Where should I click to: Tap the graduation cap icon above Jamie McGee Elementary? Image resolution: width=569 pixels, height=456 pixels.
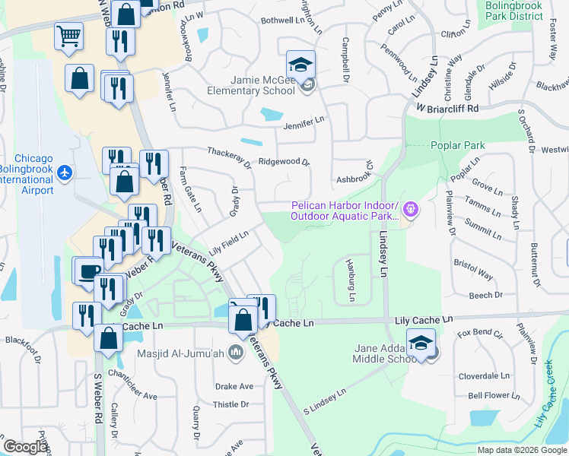click(300, 63)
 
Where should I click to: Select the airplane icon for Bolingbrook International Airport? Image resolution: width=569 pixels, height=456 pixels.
click(65, 174)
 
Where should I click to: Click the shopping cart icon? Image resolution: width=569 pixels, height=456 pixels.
click(68, 36)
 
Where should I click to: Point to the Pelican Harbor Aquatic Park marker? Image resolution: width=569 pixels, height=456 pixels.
click(412, 207)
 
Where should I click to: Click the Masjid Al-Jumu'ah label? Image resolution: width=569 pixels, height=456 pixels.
click(180, 353)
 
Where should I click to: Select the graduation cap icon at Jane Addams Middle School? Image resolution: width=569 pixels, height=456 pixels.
click(420, 341)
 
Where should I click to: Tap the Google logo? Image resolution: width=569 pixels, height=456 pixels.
click(26, 446)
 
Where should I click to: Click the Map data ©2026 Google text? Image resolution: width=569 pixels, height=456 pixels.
click(521, 450)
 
